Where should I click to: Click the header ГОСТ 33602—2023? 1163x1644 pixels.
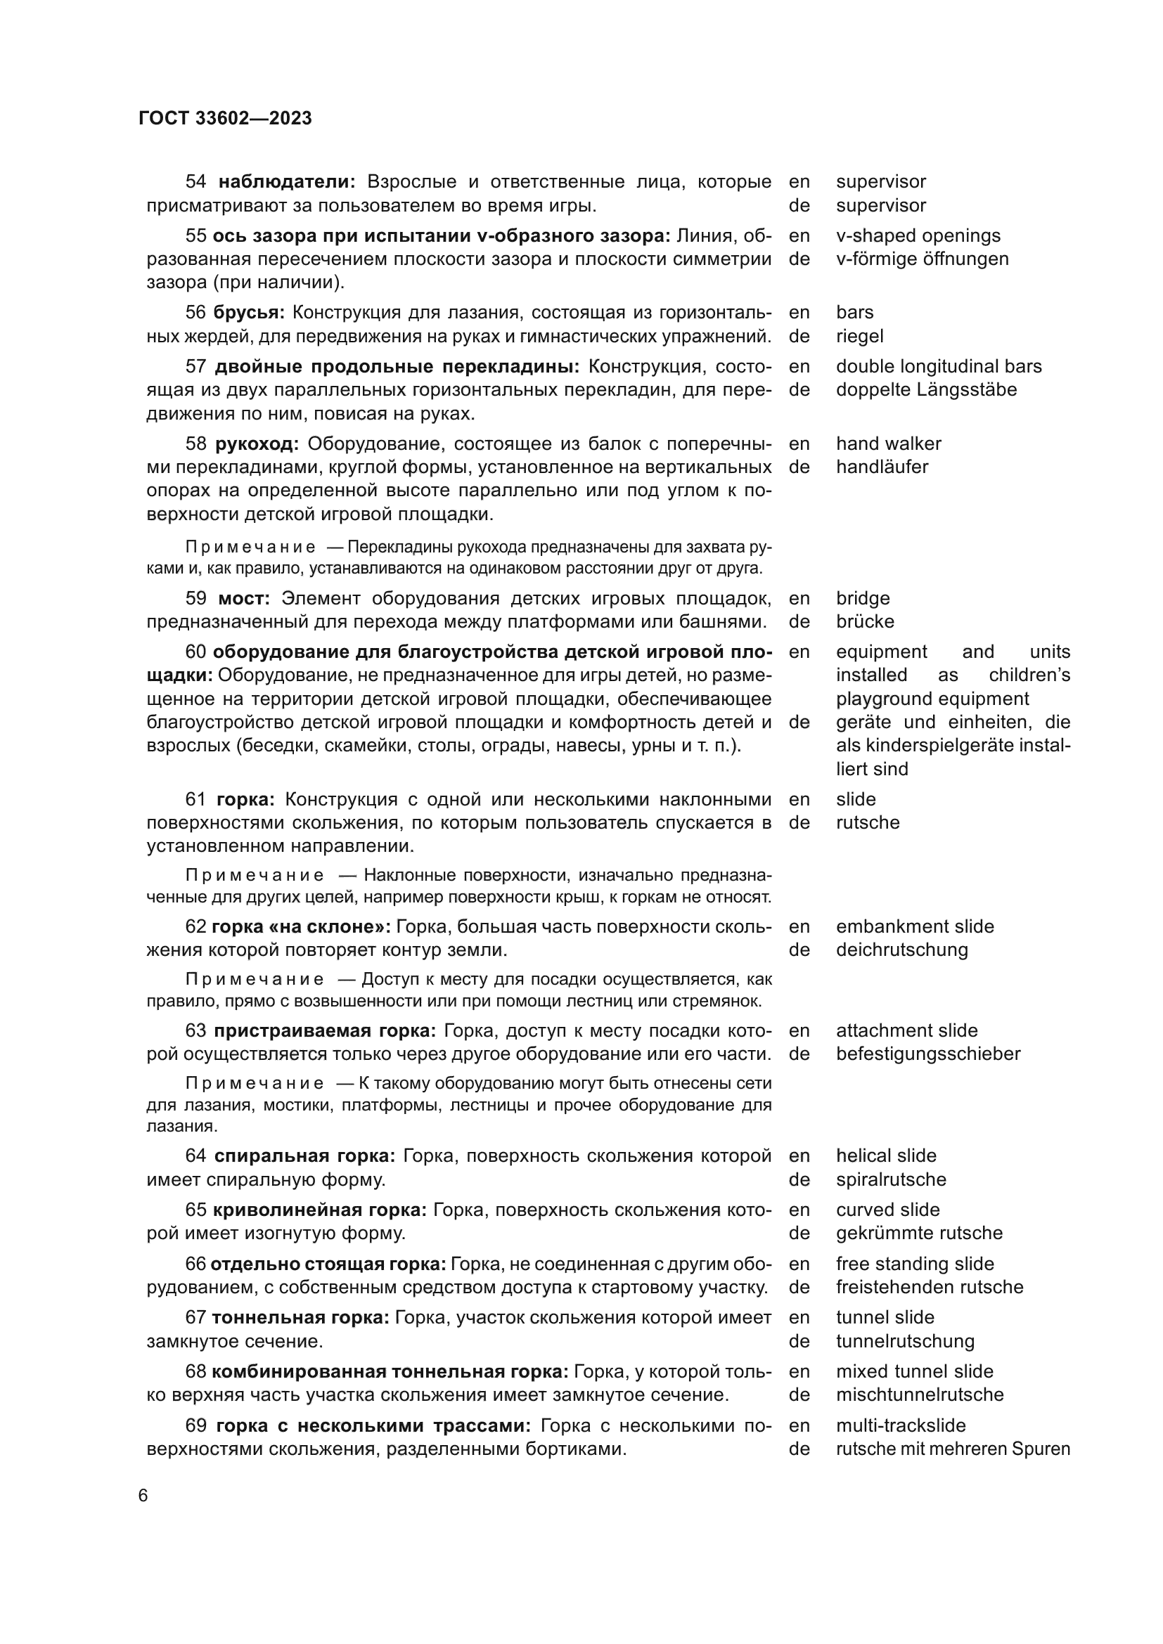[x=225, y=118]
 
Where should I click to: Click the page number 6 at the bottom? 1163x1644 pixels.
[x=143, y=1496]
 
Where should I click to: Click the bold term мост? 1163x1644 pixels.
[x=243, y=598]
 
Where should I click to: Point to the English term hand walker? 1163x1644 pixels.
[x=888, y=444]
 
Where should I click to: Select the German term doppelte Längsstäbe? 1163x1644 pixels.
[x=926, y=389]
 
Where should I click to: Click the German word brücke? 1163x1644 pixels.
[x=865, y=621]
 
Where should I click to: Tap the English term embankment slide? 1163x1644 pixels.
[x=915, y=926]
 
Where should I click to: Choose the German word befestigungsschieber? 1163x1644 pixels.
[x=927, y=1054]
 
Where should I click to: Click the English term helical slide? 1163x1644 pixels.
[x=886, y=1156]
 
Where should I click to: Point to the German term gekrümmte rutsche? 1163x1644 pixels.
[x=919, y=1233]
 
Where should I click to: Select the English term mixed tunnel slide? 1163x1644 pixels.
[x=915, y=1371]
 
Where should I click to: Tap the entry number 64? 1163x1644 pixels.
[x=195, y=1156]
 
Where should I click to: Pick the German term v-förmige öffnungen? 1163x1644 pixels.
[x=922, y=259]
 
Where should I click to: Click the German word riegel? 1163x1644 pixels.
[x=859, y=336]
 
